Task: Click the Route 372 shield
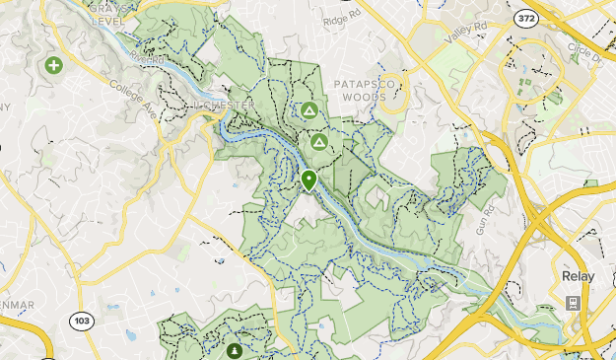(526, 18)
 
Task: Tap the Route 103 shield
(82, 321)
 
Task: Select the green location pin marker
(308, 180)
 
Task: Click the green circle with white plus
(53, 66)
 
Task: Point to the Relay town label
(577, 276)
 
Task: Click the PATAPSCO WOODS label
(364, 91)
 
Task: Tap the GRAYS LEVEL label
(109, 13)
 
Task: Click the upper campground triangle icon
(309, 110)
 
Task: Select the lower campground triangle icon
(318, 142)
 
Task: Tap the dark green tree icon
(234, 349)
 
